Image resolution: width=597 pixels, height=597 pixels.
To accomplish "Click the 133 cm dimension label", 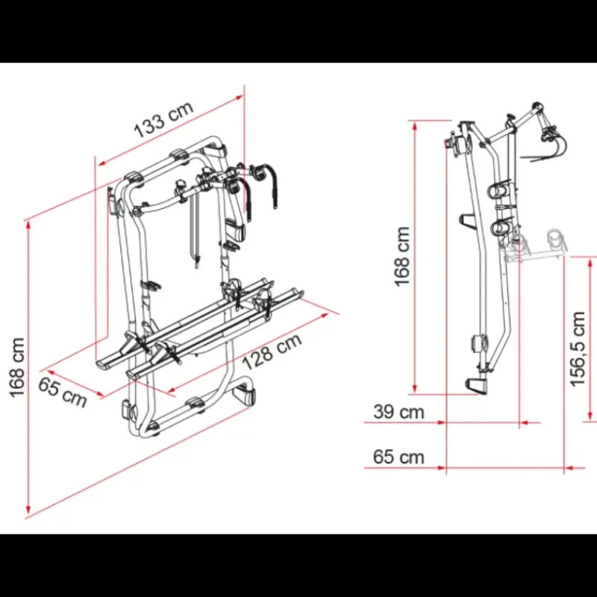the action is click(163, 119).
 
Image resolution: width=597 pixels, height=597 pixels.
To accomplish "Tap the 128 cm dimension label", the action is click(272, 351).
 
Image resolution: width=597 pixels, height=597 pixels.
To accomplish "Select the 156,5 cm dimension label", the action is click(578, 348).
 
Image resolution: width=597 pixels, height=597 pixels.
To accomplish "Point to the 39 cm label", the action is click(398, 412).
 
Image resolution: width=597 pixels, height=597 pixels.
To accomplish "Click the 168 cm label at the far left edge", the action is click(17, 368).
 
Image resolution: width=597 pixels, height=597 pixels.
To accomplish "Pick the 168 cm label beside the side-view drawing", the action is click(402, 256).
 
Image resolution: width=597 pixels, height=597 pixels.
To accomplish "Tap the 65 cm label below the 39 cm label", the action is click(398, 457).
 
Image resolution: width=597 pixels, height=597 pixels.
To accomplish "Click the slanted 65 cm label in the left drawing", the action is click(63, 393).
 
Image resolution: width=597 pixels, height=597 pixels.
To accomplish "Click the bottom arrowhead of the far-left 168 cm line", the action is click(28, 510).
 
